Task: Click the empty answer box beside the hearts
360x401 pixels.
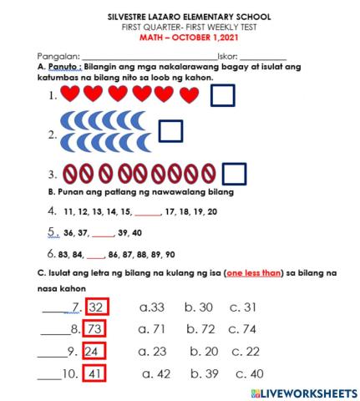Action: pos(223,96)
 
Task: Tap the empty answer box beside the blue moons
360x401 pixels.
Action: pos(170,132)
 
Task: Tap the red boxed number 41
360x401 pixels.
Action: pos(94,373)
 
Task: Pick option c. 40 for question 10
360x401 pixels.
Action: pos(250,373)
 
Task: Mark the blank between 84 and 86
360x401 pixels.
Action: pos(95,254)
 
